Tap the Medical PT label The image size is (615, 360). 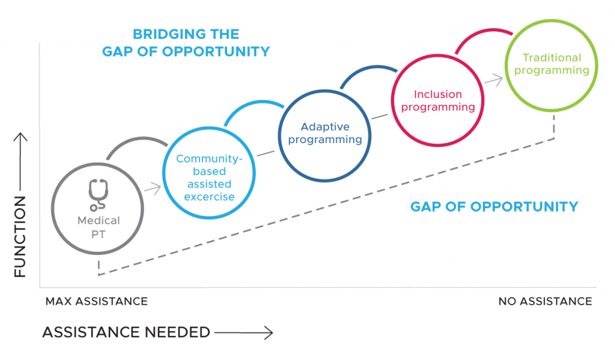pyautogui.click(x=98, y=227)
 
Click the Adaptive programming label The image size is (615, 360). pyautogui.click(x=324, y=133)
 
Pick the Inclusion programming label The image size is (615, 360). pyautogui.click(x=438, y=100)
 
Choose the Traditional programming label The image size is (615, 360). pyautogui.click(x=552, y=64)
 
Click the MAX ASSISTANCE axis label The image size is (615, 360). pyautogui.click(x=96, y=301)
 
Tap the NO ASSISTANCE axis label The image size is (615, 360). pyautogui.click(x=545, y=301)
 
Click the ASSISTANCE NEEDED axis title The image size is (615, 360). pyautogui.click(x=126, y=332)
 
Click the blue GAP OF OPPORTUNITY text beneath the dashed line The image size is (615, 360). pyautogui.click(x=494, y=207)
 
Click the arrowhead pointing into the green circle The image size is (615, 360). pyautogui.click(x=498, y=78)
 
